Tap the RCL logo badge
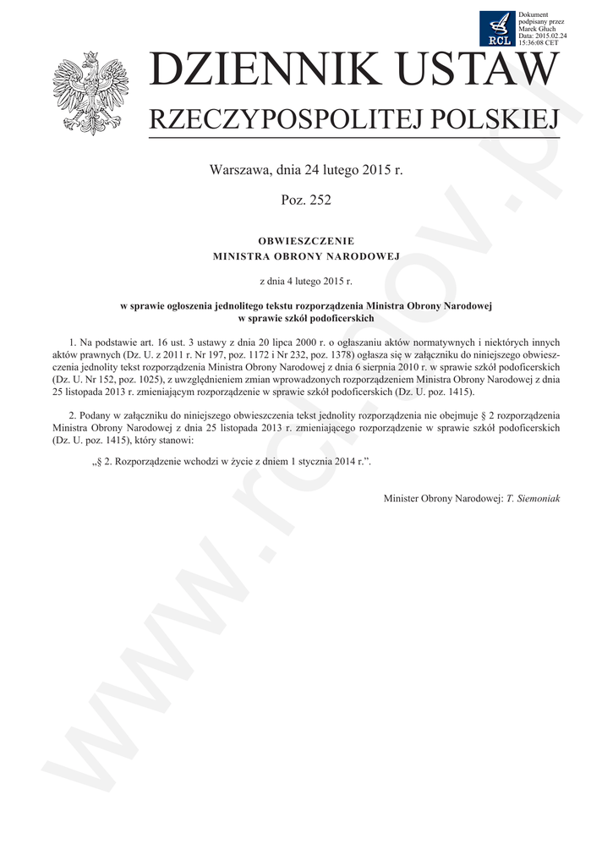[497, 29]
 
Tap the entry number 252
[320, 200]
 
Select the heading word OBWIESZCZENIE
[306, 241]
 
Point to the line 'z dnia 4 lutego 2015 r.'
[306, 278]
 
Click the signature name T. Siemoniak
[533, 498]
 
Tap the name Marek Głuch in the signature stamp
[535, 29]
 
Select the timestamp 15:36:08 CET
[539, 41]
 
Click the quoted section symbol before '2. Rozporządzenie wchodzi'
[96, 463]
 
